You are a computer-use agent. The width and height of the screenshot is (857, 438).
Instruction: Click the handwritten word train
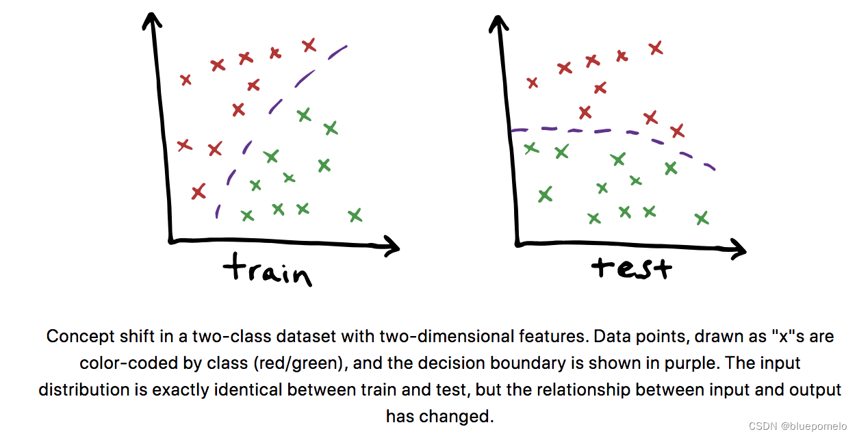268,270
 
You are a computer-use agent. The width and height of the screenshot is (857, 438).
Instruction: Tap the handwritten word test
632,267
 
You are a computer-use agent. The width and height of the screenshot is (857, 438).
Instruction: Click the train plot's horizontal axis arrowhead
391,247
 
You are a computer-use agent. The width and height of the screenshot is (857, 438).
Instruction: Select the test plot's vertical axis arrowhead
498,23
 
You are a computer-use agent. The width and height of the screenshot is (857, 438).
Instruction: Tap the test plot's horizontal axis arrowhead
738,250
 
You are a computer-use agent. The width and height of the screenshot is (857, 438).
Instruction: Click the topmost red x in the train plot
309,45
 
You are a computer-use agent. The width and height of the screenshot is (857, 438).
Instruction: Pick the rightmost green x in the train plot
355,216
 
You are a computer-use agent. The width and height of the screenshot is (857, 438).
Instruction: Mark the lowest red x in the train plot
199,191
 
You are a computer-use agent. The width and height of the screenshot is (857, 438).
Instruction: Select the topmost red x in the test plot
656,48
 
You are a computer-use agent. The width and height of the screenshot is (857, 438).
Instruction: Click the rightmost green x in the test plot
702,218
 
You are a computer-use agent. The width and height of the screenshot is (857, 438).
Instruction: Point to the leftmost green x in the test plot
531,148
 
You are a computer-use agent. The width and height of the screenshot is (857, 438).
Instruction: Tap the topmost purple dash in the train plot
337,53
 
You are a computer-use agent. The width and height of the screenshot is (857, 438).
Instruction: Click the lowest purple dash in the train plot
217,211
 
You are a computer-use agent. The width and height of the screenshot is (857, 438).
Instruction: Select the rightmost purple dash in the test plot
710,166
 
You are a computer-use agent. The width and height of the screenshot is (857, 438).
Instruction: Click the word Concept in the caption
80,337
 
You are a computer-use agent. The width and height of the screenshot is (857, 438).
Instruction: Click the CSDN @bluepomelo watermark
797,426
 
